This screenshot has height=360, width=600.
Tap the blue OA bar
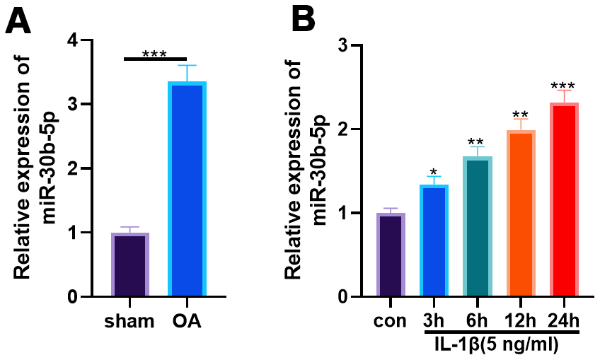(x=187, y=189)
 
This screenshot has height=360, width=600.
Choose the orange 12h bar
(x=521, y=213)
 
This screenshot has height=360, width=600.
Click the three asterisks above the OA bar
(x=155, y=54)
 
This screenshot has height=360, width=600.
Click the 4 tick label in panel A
(x=73, y=40)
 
